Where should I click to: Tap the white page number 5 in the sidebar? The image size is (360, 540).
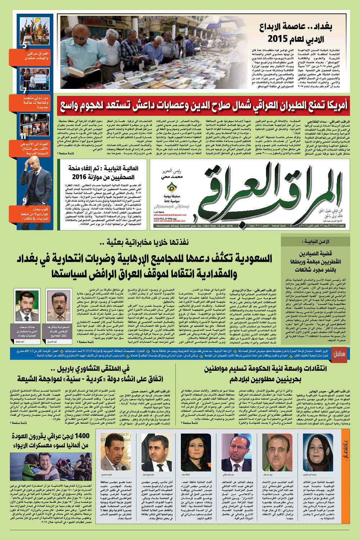tap(24, 46)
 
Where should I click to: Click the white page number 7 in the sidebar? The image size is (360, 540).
tap(24, 91)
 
